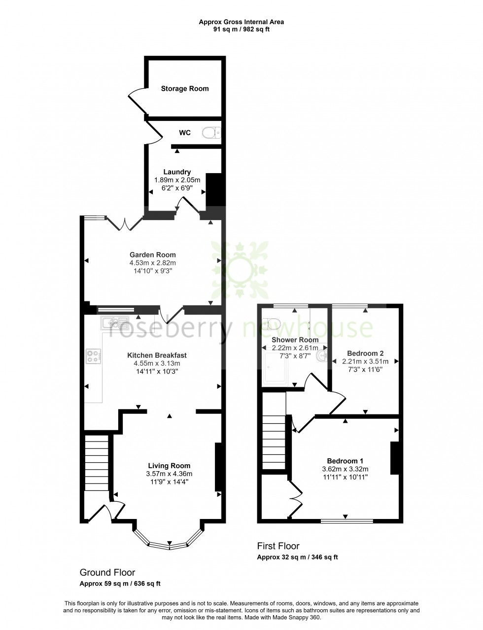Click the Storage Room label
[x=185, y=89]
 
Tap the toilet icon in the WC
[x=211, y=133]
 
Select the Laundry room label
[x=177, y=172]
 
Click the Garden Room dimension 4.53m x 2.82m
[x=153, y=263]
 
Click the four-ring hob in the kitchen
[x=94, y=356]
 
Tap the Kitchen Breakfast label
[x=157, y=355]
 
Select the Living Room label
[x=169, y=466]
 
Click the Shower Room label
[x=295, y=340]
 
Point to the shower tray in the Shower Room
[x=275, y=368]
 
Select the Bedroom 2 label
[x=365, y=353]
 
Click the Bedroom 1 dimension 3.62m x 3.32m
[x=345, y=469]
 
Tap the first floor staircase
[x=274, y=442]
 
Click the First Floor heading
[x=278, y=546]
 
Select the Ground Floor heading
[x=107, y=573]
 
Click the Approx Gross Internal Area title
[x=241, y=22]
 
